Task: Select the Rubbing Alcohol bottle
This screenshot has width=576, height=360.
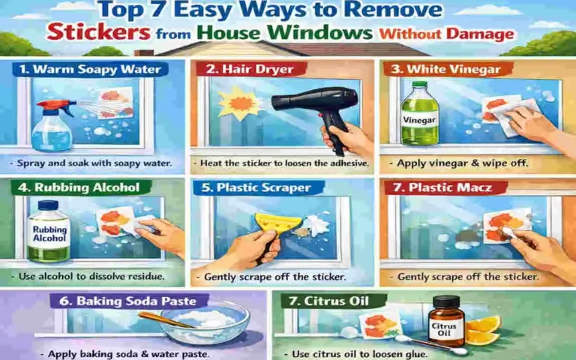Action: tap(49, 229)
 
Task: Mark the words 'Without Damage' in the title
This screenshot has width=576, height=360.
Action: tap(446, 34)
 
